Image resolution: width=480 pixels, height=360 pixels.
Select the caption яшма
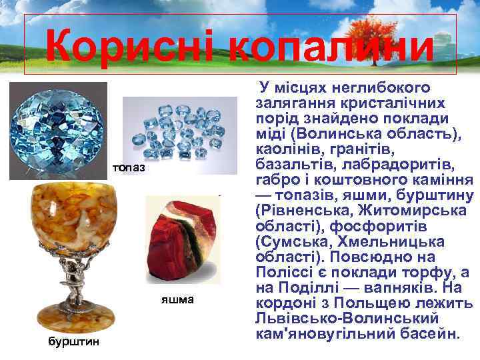click(x=177, y=299)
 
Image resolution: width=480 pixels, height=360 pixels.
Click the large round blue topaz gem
click(x=59, y=131)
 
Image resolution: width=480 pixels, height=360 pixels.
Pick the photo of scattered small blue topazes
click(x=180, y=133)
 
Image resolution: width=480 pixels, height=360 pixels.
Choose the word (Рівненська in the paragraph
click(x=297, y=210)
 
